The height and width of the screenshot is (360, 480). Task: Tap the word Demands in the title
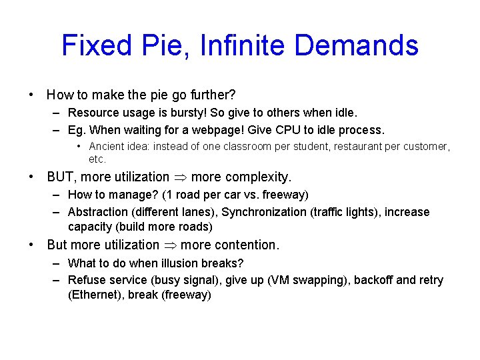point(357,45)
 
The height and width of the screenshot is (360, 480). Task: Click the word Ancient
point(107,146)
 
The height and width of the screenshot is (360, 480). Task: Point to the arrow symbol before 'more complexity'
point(180,177)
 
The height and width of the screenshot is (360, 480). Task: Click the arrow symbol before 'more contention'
point(170,245)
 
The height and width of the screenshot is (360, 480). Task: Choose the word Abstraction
point(99,212)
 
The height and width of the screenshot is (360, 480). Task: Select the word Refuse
point(87,280)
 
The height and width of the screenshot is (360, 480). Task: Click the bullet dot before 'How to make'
point(32,95)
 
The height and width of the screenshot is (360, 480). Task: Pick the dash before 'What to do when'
point(58,263)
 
